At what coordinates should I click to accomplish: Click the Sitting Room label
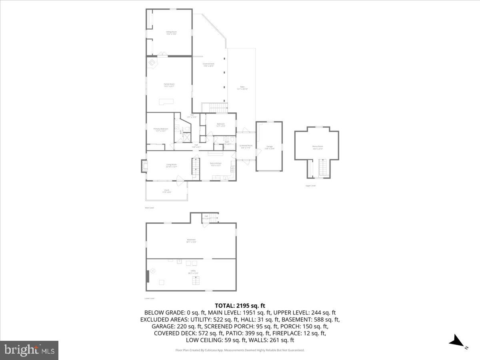172,33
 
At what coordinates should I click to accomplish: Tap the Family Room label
169,85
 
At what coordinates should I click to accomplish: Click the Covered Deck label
208,65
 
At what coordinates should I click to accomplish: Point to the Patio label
242,88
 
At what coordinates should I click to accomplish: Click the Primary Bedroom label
161,129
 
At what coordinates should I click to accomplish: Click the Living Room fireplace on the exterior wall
144,166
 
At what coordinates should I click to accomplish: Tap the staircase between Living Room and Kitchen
196,168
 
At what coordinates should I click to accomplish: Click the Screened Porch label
246,146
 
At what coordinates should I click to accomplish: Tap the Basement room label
191,240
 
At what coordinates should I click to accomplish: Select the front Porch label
166,191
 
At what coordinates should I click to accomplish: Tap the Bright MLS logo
29,350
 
